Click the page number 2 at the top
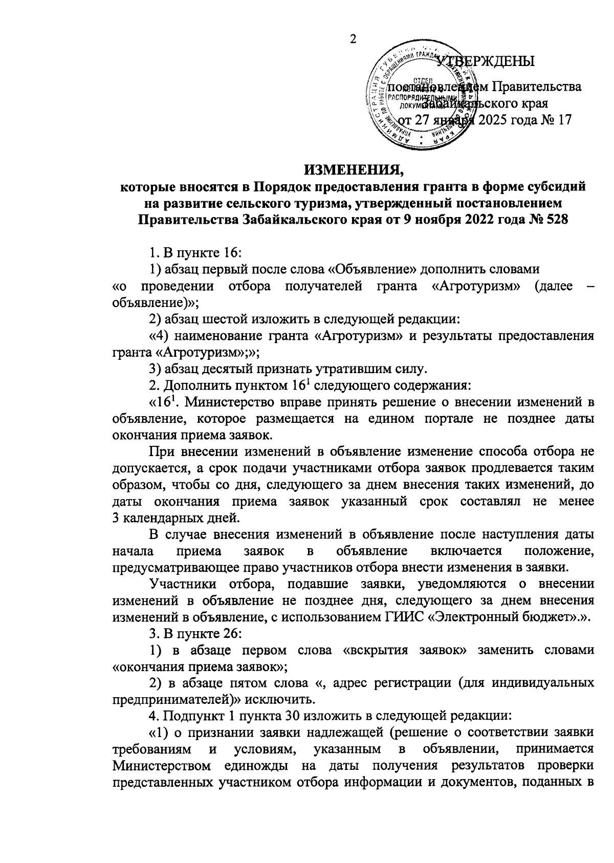click(352, 40)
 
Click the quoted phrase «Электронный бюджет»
click(506, 617)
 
